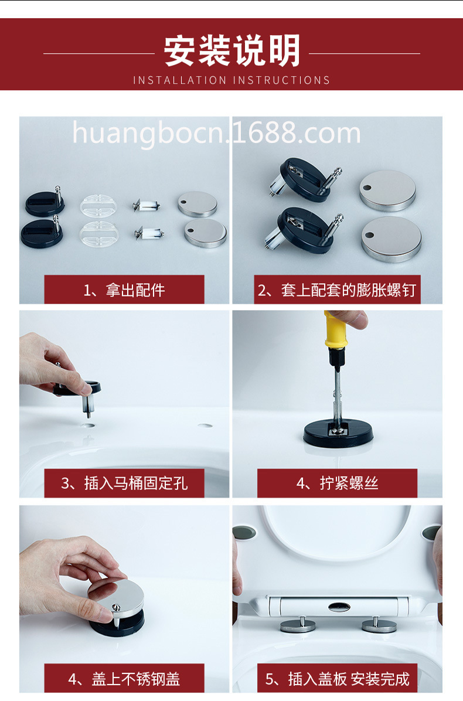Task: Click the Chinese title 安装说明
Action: (231, 52)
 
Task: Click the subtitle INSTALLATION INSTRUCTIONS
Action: (231, 80)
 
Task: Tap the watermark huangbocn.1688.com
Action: (216, 133)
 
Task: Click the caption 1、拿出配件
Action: (124, 290)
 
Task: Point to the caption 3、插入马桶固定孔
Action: (124, 484)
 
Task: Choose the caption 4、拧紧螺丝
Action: (337, 484)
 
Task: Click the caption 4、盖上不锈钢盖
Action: (124, 679)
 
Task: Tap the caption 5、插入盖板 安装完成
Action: (337, 679)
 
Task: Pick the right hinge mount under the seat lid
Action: (379, 625)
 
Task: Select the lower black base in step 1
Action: (42, 232)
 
